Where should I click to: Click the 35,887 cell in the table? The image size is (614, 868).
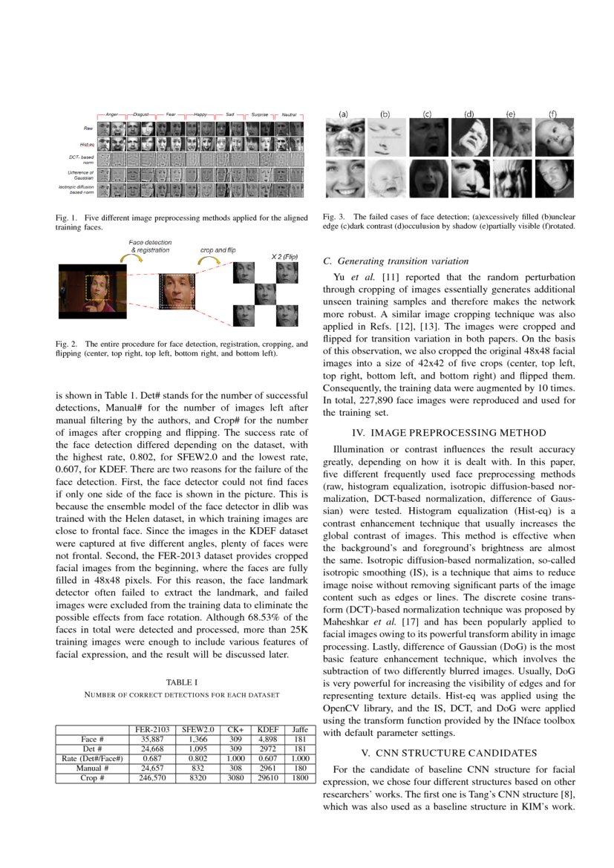pyautogui.click(x=151, y=740)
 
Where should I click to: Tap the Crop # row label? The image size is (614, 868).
pyautogui.click(x=92, y=777)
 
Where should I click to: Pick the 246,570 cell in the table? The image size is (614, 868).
pyautogui.click(x=151, y=777)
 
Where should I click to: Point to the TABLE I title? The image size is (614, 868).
pyautogui.click(x=182, y=682)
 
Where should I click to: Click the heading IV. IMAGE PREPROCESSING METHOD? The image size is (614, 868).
pyautogui.click(x=448, y=432)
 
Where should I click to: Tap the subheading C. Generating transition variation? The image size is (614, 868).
pyautogui.click(x=396, y=261)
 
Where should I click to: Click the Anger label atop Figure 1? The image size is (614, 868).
pyautogui.click(x=112, y=115)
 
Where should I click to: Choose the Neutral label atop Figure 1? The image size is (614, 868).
pyautogui.click(x=290, y=115)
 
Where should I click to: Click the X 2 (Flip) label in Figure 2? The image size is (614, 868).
pyautogui.click(x=284, y=257)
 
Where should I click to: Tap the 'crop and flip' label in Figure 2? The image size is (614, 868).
pyautogui.click(x=218, y=250)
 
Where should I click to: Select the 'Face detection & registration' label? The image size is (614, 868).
pyautogui.click(x=150, y=247)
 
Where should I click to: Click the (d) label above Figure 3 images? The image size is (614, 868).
pyautogui.click(x=469, y=114)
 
